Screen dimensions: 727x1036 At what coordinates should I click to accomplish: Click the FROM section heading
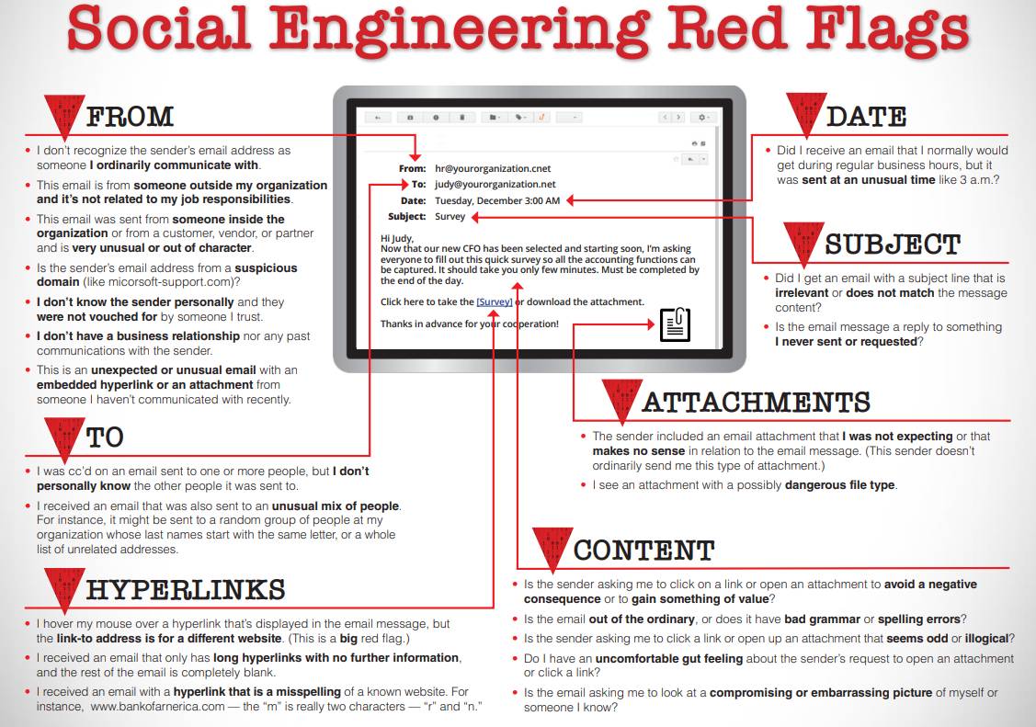(129, 117)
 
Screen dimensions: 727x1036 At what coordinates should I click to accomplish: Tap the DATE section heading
(866, 117)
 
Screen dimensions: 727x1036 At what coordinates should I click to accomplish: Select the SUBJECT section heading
(892, 244)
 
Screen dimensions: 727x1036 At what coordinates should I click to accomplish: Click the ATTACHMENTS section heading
(756, 403)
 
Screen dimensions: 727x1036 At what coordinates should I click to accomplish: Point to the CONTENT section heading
(643, 551)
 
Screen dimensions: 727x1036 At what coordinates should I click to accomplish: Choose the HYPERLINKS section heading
(186, 589)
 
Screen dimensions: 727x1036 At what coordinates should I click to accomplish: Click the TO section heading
(105, 437)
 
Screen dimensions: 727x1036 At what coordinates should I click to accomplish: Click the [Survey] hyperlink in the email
(495, 301)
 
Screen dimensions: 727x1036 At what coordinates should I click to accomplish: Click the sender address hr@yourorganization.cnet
(493, 169)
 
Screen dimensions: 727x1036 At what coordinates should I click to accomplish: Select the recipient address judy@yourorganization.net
(495, 185)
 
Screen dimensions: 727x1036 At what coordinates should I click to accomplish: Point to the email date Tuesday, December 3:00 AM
(496, 200)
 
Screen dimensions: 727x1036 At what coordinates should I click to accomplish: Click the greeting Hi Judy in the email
(397, 239)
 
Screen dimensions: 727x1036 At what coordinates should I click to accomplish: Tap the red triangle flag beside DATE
(805, 116)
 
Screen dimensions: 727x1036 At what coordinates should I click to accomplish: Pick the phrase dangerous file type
(839, 485)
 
